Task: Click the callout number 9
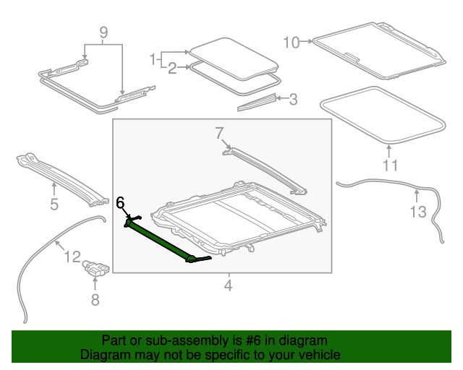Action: tap(103, 32)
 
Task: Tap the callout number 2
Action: tap(172, 69)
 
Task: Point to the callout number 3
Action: tap(292, 99)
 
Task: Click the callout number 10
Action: tap(291, 43)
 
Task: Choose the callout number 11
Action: tap(390, 165)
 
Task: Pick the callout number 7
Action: tap(219, 132)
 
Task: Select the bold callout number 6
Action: tap(121, 203)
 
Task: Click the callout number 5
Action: tap(54, 205)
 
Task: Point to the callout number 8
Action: tap(95, 298)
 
